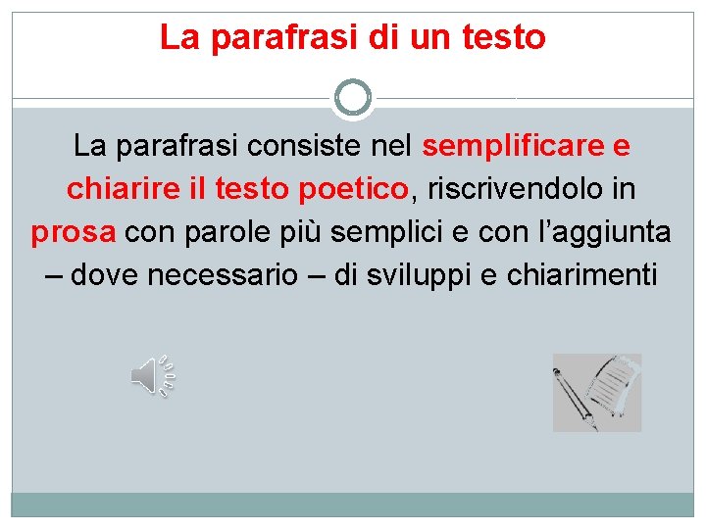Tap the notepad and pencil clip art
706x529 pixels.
pos(596,392)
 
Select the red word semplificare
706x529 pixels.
pos(513,147)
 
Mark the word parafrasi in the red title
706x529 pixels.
pos(280,37)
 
